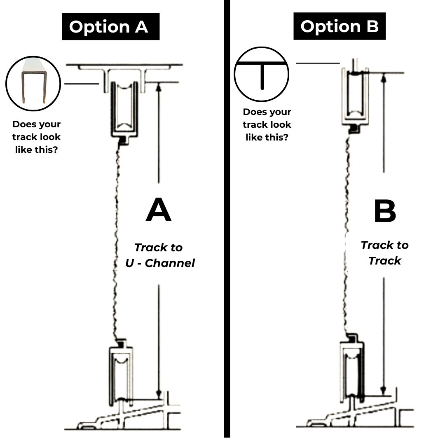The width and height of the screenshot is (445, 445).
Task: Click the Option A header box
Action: (x=111, y=26)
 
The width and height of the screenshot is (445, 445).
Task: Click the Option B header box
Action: (x=340, y=26)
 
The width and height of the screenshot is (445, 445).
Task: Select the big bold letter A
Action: (x=159, y=210)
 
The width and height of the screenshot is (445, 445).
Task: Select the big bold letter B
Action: (x=385, y=211)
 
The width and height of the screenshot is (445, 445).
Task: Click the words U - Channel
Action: (x=160, y=263)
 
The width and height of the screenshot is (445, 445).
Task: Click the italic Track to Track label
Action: (x=384, y=253)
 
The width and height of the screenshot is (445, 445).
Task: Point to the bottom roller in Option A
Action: (x=121, y=378)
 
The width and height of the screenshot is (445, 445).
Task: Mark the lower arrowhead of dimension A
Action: (x=159, y=394)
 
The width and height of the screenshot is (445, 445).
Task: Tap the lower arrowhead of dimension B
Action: (x=384, y=391)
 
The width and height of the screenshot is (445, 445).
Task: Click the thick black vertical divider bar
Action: (x=227, y=218)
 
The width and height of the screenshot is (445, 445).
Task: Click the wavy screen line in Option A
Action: (x=117, y=241)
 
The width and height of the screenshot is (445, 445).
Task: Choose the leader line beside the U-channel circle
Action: (x=82, y=84)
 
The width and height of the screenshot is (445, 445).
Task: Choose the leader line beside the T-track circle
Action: (x=318, y=63)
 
